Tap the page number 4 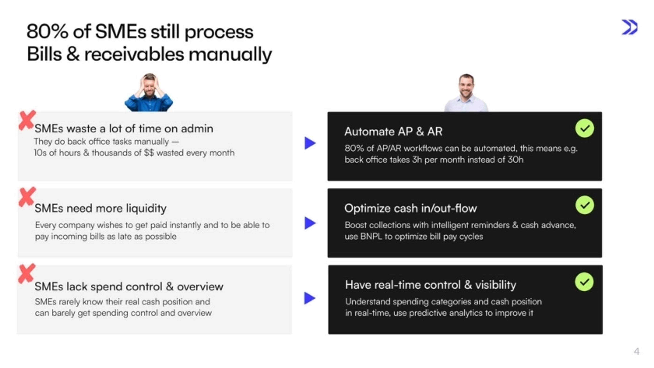pos(636,351)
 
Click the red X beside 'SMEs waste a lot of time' pos(27,120)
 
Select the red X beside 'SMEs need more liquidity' pos(27,197)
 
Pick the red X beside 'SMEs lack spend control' pos(27,273)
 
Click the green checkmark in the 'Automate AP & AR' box pos(585,128)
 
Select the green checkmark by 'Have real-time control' pos(584,282)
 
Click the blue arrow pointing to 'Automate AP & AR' pos(310,143)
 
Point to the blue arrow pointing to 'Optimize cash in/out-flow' pos(310,223)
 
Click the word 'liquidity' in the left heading pos(146,208)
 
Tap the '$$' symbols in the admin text pos(149,153)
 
